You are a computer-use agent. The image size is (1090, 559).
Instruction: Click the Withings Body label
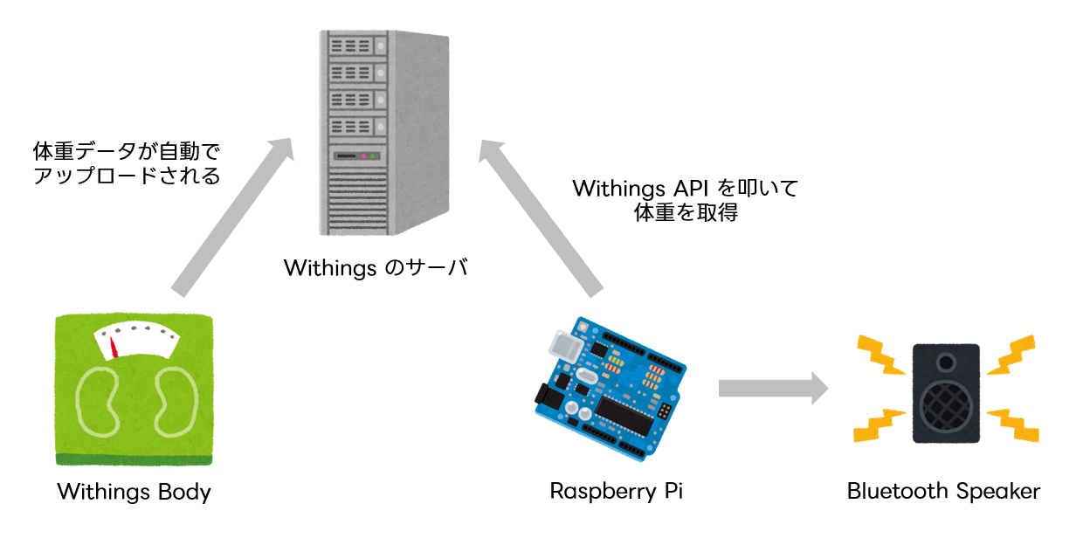(134, 492)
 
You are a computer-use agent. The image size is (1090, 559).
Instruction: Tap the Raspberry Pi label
(616, 491)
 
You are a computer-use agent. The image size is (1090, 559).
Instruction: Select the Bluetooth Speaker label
(943, 491)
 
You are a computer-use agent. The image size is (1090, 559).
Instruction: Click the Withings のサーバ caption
(376, 267)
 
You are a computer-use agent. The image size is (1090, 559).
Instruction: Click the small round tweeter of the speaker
(946, 361)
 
